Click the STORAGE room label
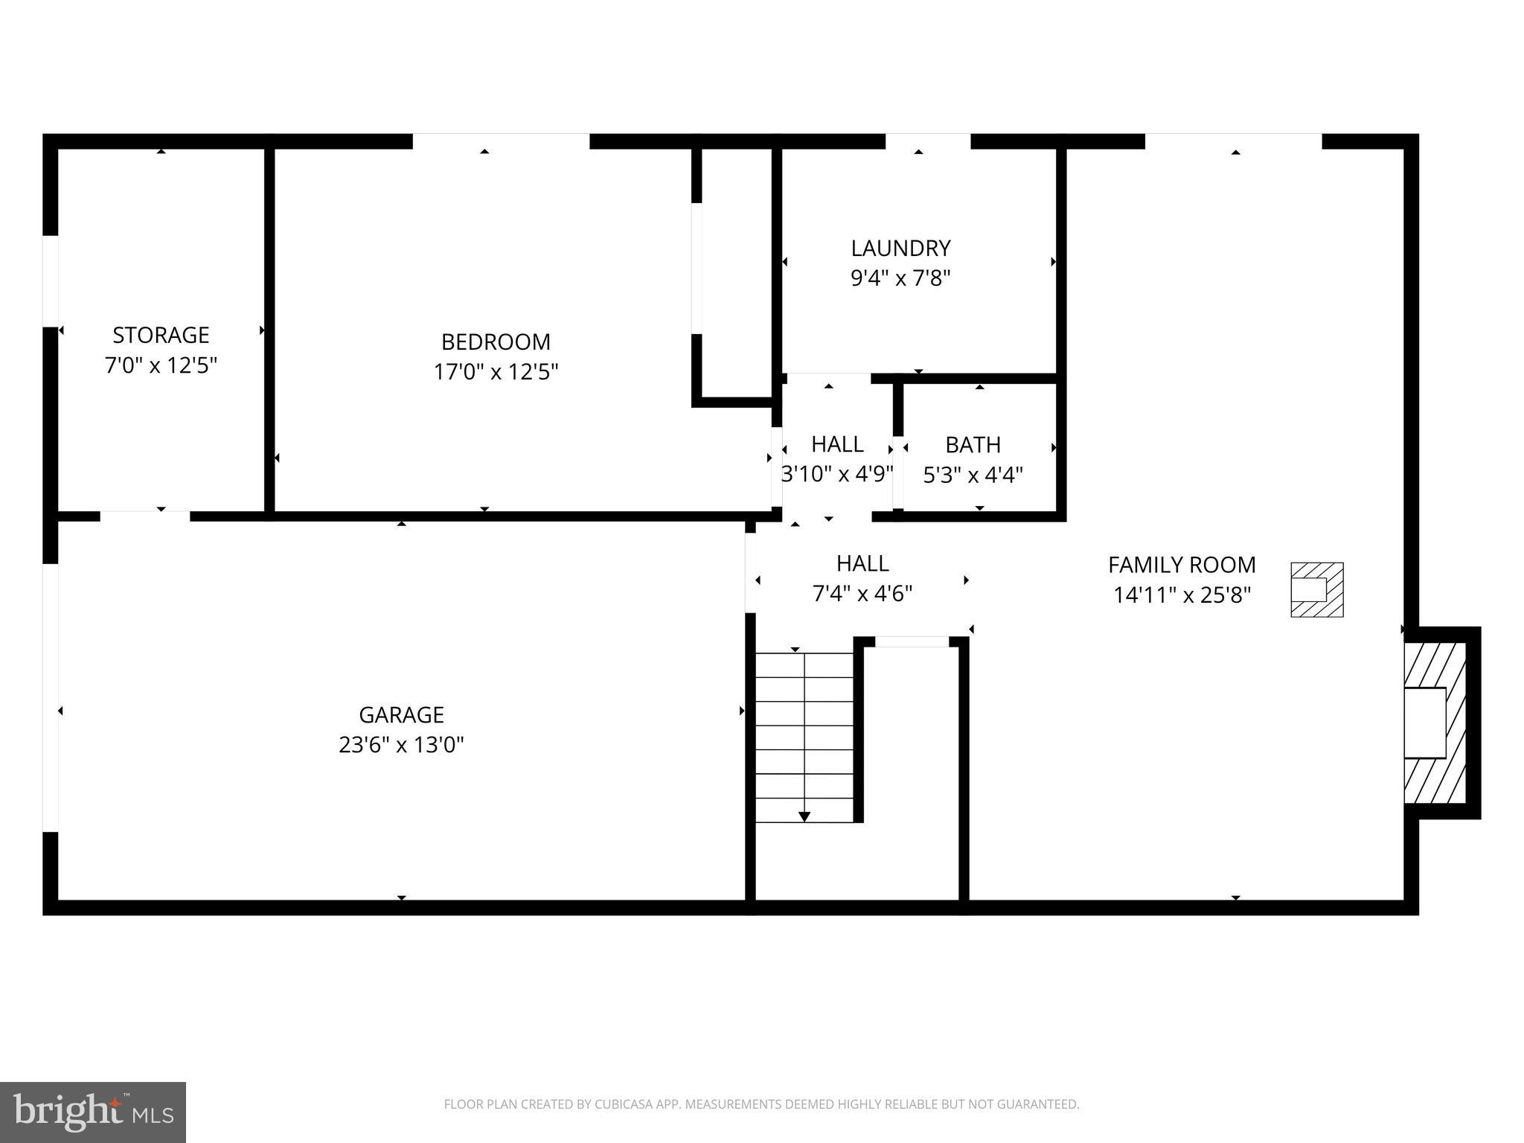click(161, 335)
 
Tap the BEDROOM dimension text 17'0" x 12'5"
click(496, 371)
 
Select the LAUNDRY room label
click(900, 248)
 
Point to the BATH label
click(973, 445)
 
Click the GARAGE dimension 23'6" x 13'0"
click(401, 745)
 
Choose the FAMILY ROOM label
click(1182, 565)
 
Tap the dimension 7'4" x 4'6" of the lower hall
click(862, 594)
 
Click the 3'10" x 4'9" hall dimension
click(837, 474)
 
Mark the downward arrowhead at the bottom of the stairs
click(804, 817)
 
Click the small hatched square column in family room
click(1316, 589)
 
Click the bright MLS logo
click(93, 1112)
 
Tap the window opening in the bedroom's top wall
click(501, 141)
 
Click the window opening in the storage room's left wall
click(50, 281)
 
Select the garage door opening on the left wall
click(50, 697)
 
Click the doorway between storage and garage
click(145, 516)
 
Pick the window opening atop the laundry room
click(928, 141)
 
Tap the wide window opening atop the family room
click(1233, 141)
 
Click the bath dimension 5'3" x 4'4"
click(973, 475)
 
